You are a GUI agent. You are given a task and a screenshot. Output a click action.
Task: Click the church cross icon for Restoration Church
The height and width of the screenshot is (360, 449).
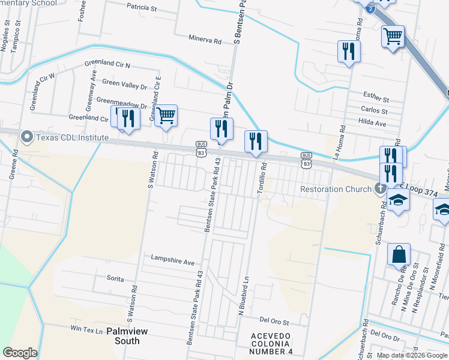coord(379,190)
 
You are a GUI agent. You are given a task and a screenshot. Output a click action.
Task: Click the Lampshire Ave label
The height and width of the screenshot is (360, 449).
coord(173,262)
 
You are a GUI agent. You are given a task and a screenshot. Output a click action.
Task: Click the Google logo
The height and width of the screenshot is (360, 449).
coord(20,353)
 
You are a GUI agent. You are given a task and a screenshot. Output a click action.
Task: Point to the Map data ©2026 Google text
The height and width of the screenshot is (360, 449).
coord(412,355)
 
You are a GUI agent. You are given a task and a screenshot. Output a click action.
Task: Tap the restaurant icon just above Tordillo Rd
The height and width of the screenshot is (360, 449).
coord(256,142)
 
